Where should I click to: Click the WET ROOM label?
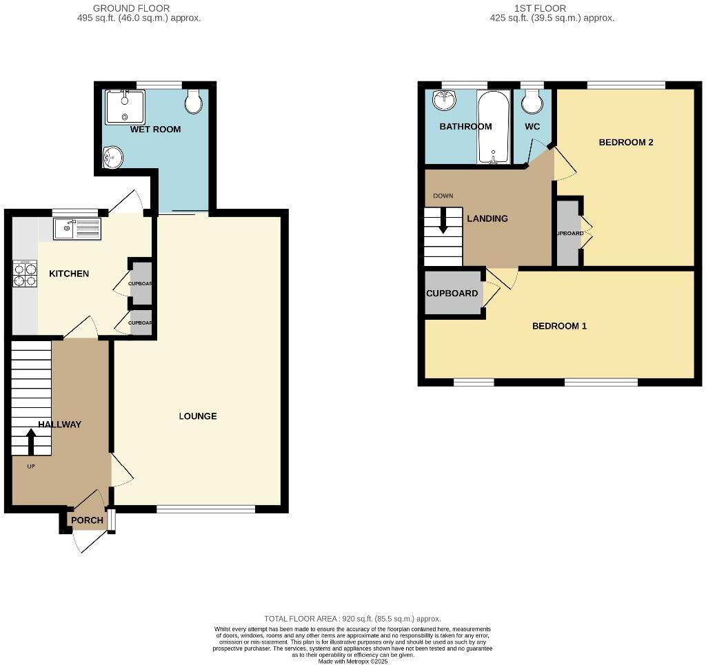tap(156, 129)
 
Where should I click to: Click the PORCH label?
tap(88, 520)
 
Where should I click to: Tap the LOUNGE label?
tap(198, 416)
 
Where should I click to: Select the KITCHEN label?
tap(69, 274)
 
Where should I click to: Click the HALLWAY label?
tap(59, 424)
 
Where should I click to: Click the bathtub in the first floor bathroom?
tap(494, 128)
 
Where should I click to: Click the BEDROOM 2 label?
tap(625, 143)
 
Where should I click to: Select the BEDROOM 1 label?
tap(559, 326)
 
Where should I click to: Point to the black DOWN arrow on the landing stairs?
tap(443, 218)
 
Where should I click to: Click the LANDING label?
tap(487, 218)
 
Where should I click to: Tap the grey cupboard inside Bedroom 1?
tap(452, 294)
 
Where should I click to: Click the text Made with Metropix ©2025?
tap(352, 661)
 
